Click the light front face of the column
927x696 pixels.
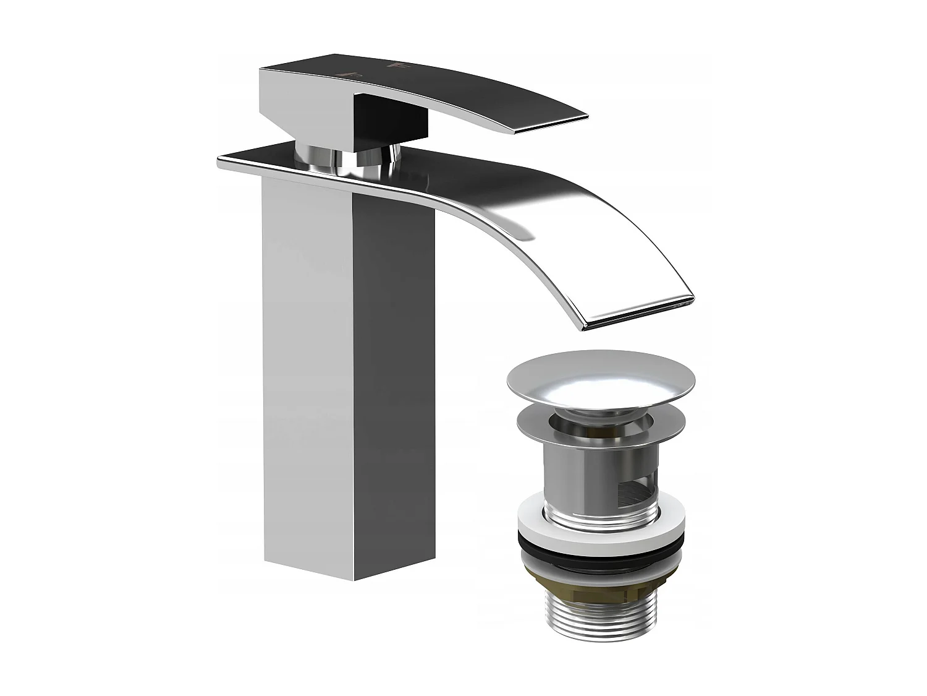tap(306, 371)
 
